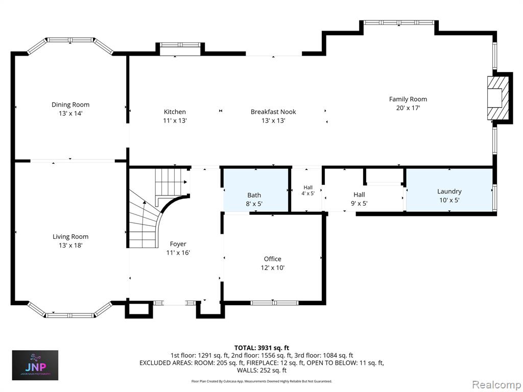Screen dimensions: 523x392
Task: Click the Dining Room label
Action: pyautogui.click(x=70, y=105)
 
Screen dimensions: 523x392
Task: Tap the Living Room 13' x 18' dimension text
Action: pyautogui.click(x=70, y=246)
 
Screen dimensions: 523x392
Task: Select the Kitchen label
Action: pyautogui.click(x=175, y=112)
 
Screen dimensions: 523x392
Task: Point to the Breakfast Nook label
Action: pyautogui.click(x=273, y=112)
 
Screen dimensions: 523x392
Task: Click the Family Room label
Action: pyautogui.click(x=408, y=100)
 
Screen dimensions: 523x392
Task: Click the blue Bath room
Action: pyautogui.click(x=255, y=190)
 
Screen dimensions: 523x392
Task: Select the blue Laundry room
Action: pyautogui.click(x=449, y=190)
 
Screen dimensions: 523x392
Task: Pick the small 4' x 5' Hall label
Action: pyautogui.click(x=308, y=191)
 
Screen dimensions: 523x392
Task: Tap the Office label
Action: pyautogui.click(x=273, y=259)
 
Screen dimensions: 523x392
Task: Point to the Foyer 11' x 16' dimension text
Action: pyautogui.click(x=178, y=253)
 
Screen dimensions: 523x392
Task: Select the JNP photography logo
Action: pyautogui.click(x=35, y=365)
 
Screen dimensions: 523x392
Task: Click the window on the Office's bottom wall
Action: pyautogui.click(x=274, y=303)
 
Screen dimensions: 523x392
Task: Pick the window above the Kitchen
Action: pyautogui.click(x=180, y=45)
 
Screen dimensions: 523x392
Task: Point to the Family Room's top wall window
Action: pyautogui.click(x=398, y=22)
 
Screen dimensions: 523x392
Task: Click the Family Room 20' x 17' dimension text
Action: pyautogui.click(x=408, y=108)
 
